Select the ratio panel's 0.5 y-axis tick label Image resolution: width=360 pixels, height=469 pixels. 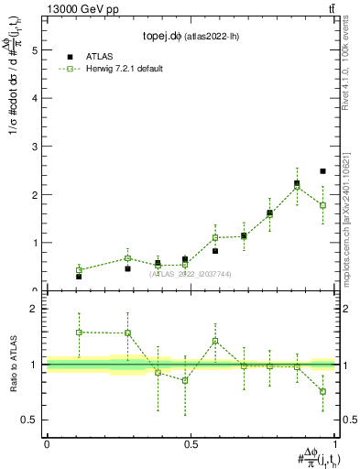pos(31,420)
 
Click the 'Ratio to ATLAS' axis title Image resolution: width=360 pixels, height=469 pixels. pos(14,365)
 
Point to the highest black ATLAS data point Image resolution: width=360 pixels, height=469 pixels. pos(322,171)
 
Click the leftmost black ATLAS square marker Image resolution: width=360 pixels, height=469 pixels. pos(79,276)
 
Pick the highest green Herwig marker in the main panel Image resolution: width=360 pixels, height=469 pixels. pos(296,186)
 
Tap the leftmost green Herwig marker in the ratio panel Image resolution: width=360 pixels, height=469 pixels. pos(79,332)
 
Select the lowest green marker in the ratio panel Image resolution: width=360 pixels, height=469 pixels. pos(322,391)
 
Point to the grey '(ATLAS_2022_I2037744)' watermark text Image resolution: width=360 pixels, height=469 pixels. pos(191,274)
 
